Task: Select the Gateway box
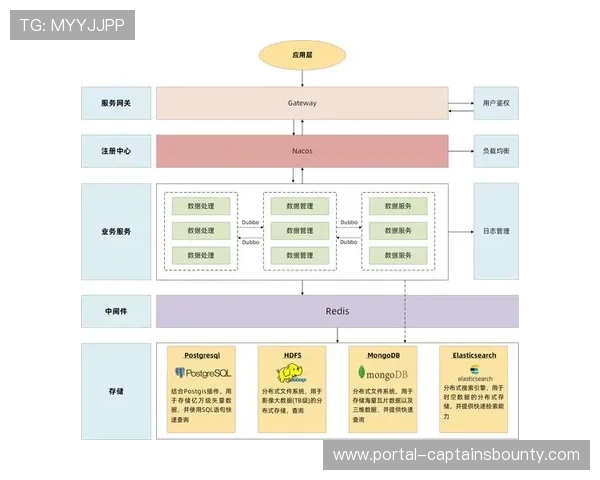point(302,103)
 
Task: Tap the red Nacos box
point(302,151)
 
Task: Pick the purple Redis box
point(337,311)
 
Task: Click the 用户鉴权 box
point(496,103)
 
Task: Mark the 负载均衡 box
point(496,151)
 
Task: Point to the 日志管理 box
point(496,231)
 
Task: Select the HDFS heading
point(292,355)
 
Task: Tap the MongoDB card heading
point(382,355)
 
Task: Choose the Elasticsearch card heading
point(474,355)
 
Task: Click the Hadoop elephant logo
point(290,374)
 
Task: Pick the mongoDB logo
point(382,374)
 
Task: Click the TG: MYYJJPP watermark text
point(72,24)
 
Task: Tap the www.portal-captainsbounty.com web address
point(456,455)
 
